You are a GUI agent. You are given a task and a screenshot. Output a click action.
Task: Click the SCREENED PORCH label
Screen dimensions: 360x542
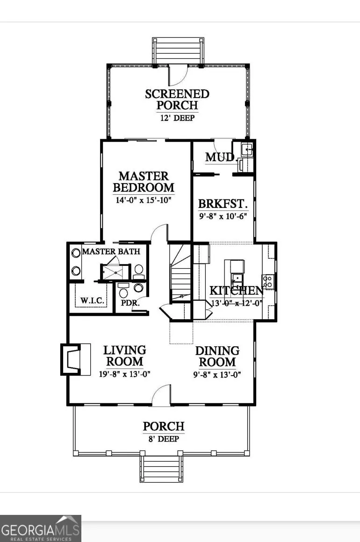click(x=177, y=99)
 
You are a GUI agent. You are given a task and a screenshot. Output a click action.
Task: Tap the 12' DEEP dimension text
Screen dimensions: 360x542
click(x=177, y=118)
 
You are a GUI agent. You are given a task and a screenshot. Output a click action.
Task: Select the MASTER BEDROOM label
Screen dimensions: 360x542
click(x=144, y=182)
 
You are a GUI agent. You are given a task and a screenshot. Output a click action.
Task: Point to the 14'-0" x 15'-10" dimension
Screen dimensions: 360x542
click(x=143, y=200)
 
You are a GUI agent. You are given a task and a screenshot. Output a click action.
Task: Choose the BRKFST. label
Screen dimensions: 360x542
click(x=223, y=204)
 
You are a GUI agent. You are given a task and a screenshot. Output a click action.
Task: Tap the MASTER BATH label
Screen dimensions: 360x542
click(x=111, y=251)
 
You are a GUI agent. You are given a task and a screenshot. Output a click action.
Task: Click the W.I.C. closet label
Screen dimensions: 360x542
click(x=92, y=300)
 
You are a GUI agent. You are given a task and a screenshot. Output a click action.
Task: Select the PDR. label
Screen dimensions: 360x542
click(x=130, y=303)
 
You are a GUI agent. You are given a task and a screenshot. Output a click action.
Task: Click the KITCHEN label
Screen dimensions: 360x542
click(x=237, y=291)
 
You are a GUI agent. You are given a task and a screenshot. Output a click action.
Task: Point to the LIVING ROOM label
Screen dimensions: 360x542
click(x=124, y=356)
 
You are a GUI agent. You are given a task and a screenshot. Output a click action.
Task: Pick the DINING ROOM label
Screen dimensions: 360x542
click(x=217, y=357)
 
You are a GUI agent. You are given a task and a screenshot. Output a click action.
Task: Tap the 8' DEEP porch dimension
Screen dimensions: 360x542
click(x=164, y=439)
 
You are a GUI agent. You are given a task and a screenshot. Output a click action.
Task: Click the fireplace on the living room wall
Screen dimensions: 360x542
click(x=76, y=359)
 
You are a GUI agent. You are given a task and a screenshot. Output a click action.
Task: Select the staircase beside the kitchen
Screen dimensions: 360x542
click(x=180, y=273)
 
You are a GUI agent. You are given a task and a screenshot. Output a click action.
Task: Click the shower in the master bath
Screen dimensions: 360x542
click(x=115, y=272)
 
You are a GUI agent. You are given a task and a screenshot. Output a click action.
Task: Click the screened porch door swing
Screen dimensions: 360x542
click(x=178, y=75)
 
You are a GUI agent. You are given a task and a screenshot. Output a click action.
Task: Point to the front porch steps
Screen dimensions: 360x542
click(x=161, y=469)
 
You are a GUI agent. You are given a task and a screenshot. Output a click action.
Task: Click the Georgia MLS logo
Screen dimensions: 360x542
click(x=41, y=528)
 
